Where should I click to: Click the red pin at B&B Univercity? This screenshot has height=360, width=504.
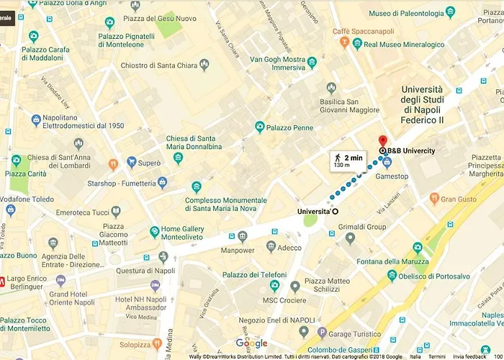(382, 140)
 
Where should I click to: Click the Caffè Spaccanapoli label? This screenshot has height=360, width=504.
(369, 32)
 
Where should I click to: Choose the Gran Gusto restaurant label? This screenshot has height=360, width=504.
(459, 199)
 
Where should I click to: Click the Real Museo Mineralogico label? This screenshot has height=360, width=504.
(404, 45)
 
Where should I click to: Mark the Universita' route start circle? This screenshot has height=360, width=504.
(335, 211)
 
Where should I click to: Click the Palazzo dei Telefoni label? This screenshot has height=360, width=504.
(254, 275)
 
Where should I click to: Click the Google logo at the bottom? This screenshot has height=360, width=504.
(251, 343)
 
